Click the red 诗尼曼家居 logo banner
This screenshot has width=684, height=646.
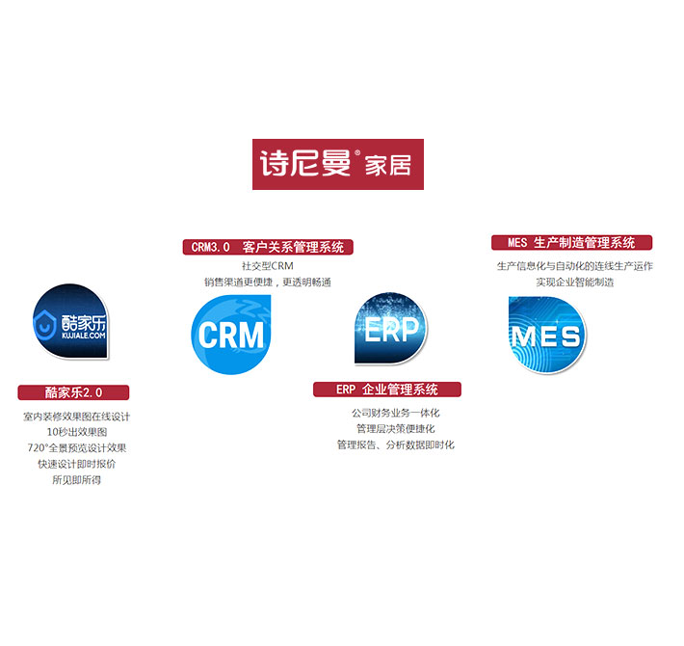coord(337,165)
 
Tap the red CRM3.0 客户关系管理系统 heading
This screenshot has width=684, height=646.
coord(268,247)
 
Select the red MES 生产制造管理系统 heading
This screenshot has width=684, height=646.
coord(571,243)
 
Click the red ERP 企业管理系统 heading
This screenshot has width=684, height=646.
coord(386,390)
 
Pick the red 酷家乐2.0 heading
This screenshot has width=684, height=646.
coord(73,392)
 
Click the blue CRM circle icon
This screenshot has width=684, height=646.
coord(231,334)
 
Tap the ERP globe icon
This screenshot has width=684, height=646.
coord(390,329)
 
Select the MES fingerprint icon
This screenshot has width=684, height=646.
coord(546,334)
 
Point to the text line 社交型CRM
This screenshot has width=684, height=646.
coord(267,265)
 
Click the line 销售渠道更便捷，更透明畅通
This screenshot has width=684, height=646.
coord(267,282)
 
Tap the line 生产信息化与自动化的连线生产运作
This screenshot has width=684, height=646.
coord(574,265)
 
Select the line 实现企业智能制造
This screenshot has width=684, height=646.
coord(574,282)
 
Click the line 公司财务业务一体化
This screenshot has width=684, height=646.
coord(395,413)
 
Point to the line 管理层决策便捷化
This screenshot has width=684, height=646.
coord(395,428)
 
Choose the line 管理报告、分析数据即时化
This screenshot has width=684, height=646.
coord(395,444)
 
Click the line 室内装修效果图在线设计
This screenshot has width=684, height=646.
coord(76,417)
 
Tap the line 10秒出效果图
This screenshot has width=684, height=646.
coord(76,432)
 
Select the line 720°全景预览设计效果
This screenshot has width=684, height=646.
coord(76,447)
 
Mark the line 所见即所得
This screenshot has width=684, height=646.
coord(76,479)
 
